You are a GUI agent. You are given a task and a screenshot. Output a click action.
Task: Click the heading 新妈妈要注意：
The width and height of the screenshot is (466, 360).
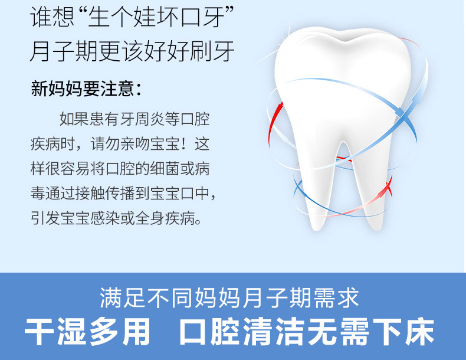click(86, 89)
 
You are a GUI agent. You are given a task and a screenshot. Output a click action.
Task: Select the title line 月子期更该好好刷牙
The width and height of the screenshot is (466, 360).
click(132, 51)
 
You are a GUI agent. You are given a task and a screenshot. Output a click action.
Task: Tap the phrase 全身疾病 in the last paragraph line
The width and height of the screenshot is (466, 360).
click(165, 218)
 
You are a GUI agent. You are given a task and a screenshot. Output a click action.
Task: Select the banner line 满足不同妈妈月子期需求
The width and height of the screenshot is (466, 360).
click(229, 297)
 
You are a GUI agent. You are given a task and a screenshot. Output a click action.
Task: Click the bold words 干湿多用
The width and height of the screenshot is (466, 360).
click(87, 332)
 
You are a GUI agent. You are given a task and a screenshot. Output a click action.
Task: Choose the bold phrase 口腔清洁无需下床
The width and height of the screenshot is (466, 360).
click(307, 332)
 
